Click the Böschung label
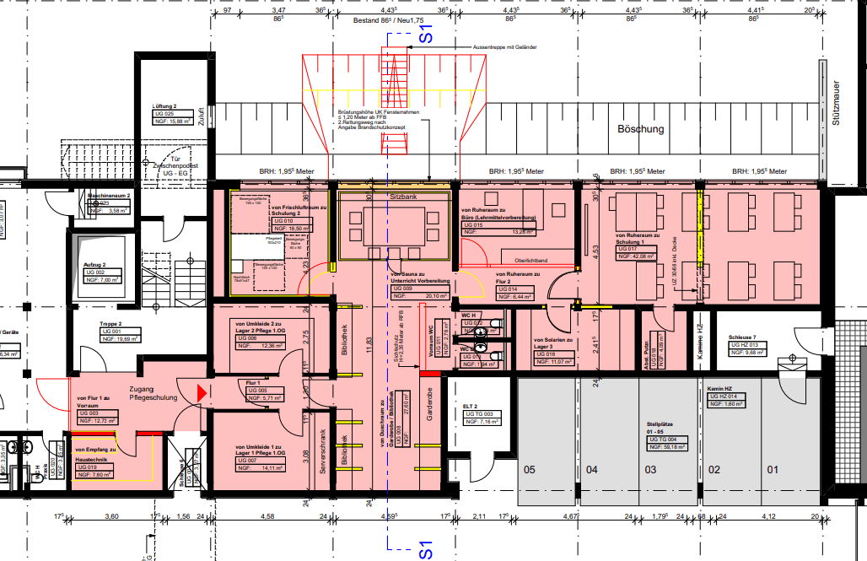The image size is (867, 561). tap(640, 129)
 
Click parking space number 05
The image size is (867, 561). tap(530, 469)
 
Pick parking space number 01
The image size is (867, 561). tap(770, 469)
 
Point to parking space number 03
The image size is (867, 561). tap(651, 469)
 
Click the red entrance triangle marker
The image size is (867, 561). tap(201, 391)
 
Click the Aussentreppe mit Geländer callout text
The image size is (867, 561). tap(504, 47)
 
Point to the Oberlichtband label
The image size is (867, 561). tap(531, 260)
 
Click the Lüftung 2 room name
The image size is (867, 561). tap(164, 106)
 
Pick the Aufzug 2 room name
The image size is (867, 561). tap(94, 264)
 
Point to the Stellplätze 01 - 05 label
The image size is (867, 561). tap(660, 427)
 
